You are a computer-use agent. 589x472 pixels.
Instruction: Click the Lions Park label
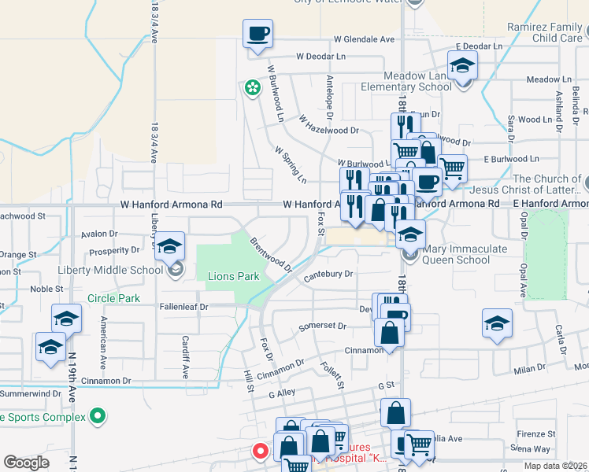[x=233, y=277]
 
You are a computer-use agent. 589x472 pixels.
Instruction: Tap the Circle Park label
[x=113, y=298]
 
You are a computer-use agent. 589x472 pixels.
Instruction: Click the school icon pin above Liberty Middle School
[x=170, y=246]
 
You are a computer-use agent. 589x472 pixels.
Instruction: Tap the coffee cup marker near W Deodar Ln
[x=258, y=35]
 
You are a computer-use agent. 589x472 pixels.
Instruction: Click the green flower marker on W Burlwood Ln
[x=253, y=87]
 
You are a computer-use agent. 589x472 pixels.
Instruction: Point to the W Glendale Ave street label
[x=364, y=39]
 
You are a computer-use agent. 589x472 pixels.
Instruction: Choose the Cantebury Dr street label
[x=329, y=274]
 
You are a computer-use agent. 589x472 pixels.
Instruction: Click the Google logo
[x=26, y=463]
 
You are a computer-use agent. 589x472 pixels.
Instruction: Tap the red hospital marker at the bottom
[x=260, y=452]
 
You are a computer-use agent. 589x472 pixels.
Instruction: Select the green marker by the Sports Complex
[x=98, y=415]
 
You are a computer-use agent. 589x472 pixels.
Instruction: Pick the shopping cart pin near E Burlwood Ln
[x=452, y=168]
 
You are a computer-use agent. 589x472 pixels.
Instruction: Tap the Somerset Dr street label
[x=323, y=326]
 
